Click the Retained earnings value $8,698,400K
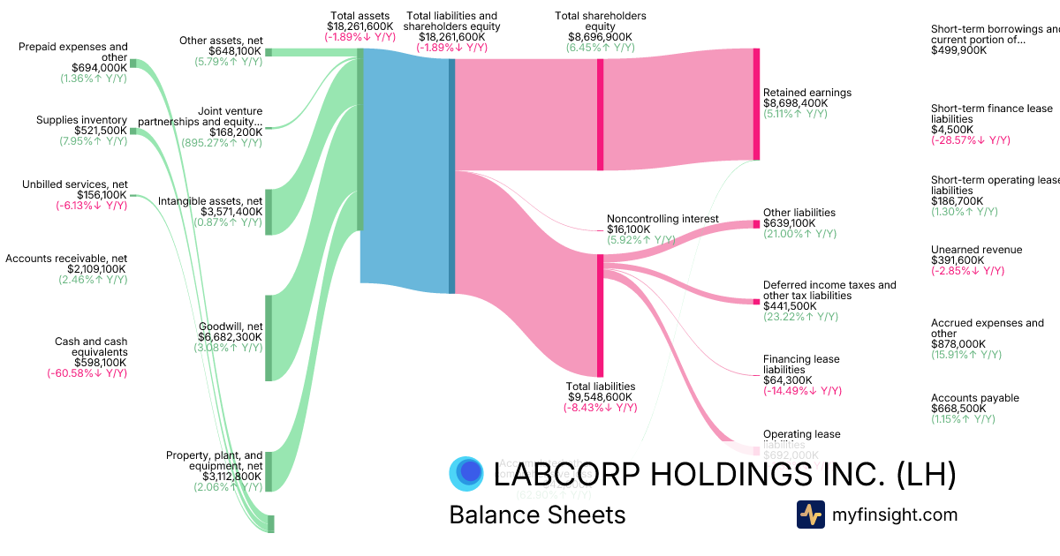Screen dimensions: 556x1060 click(x=795, y=103)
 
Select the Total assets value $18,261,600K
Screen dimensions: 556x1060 click(x=360, y=27)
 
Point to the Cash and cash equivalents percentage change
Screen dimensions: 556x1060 click(x=87, y=373)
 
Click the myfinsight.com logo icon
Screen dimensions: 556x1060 click(x=810, y=515)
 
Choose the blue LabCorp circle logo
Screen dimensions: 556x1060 click(x=466, y=474)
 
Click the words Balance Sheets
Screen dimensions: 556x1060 click(x=537, y=515)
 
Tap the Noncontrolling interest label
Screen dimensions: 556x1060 click(x=662, y=218)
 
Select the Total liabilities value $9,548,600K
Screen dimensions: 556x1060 click(x=600, y=397)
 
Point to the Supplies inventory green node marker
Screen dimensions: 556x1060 click(x=133, y=131)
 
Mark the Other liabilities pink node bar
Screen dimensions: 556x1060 click(x=756, y=224)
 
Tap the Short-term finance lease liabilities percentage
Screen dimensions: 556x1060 click(x=970, y=140)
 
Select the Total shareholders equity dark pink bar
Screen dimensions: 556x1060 click(x=600, y=114)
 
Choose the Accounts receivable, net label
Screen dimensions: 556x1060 click(x=66, y=259)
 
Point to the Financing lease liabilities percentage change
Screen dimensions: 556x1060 click(x=802, y=391)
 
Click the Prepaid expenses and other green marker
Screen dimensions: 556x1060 click(x=133, y=63)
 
